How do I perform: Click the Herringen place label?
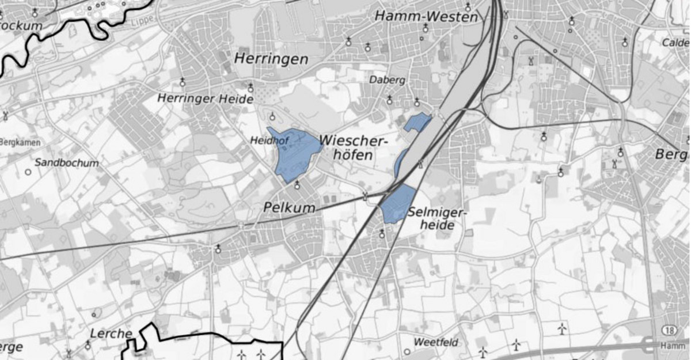pyautogui.click(x=271, y=59)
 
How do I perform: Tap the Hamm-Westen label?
pyautogui.click(x=426, y=16)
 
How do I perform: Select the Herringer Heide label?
pyautogui.click(x=206, y=99)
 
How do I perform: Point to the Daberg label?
pyautogui.click(x=387, y=80)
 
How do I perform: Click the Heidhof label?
pyautogui.click(x=264, y=140)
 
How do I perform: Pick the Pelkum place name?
pyautogui.click(x=290, y=207)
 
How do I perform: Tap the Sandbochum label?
pyautogui.click(x=66, y=162)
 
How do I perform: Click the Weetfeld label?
pyautogui.click(x=436, y=343)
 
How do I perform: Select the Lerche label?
pyautogui.click(x=111, y=334)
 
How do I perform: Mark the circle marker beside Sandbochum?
pyautogui.click(x=28, y=172)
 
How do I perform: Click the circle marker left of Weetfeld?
pyautogui.click(x=407, y=351)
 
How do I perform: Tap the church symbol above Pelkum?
pyautogui.click(x=297, y=185)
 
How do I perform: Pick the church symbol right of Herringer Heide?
pyautogui.click(x=250, y=88)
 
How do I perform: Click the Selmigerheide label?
pyautogui.click(x=438, y=218)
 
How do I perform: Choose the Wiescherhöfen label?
pyautogui.click(x=353, y=147)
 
